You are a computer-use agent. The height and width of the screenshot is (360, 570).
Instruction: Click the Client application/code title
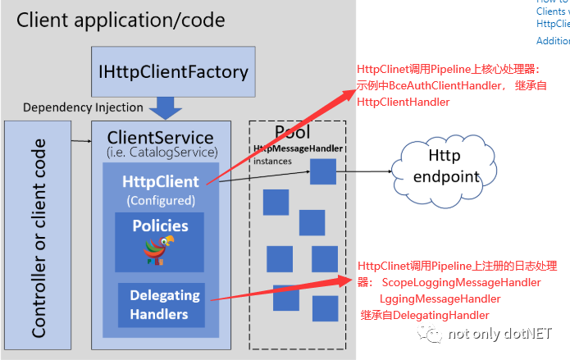click(x=121, y=19)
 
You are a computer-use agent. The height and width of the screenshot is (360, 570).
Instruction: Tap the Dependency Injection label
click(x=83, y=107)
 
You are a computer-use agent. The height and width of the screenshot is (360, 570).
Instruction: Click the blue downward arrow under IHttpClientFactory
click(x=169, y=107)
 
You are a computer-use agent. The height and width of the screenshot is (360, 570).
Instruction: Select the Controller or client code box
click(x=39, y=238)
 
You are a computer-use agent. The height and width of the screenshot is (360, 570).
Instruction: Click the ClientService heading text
click(x=160, y=138)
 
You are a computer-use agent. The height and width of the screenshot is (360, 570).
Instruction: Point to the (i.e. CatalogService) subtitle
click(x=160, y=152)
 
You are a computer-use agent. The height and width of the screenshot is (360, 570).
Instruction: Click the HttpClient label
click(x=160, y=182)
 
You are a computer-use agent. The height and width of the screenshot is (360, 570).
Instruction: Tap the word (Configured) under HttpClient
click(x=160, y=199)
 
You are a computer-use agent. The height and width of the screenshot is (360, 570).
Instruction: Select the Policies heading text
click(x=160, y=226)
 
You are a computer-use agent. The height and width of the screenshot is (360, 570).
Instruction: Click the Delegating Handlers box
click(x=164, y=304)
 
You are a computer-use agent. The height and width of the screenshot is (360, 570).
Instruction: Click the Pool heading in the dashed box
click(x=292, y=132)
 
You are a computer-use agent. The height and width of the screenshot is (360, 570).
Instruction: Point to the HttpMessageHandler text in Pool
click(x=298, y=148)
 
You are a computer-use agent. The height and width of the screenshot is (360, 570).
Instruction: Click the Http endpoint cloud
click(x=448, y=165)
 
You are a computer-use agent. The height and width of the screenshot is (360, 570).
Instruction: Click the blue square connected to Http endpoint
click(x=323, y=171)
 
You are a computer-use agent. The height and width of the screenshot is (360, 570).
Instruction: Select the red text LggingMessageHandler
click(x=440, y=298)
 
